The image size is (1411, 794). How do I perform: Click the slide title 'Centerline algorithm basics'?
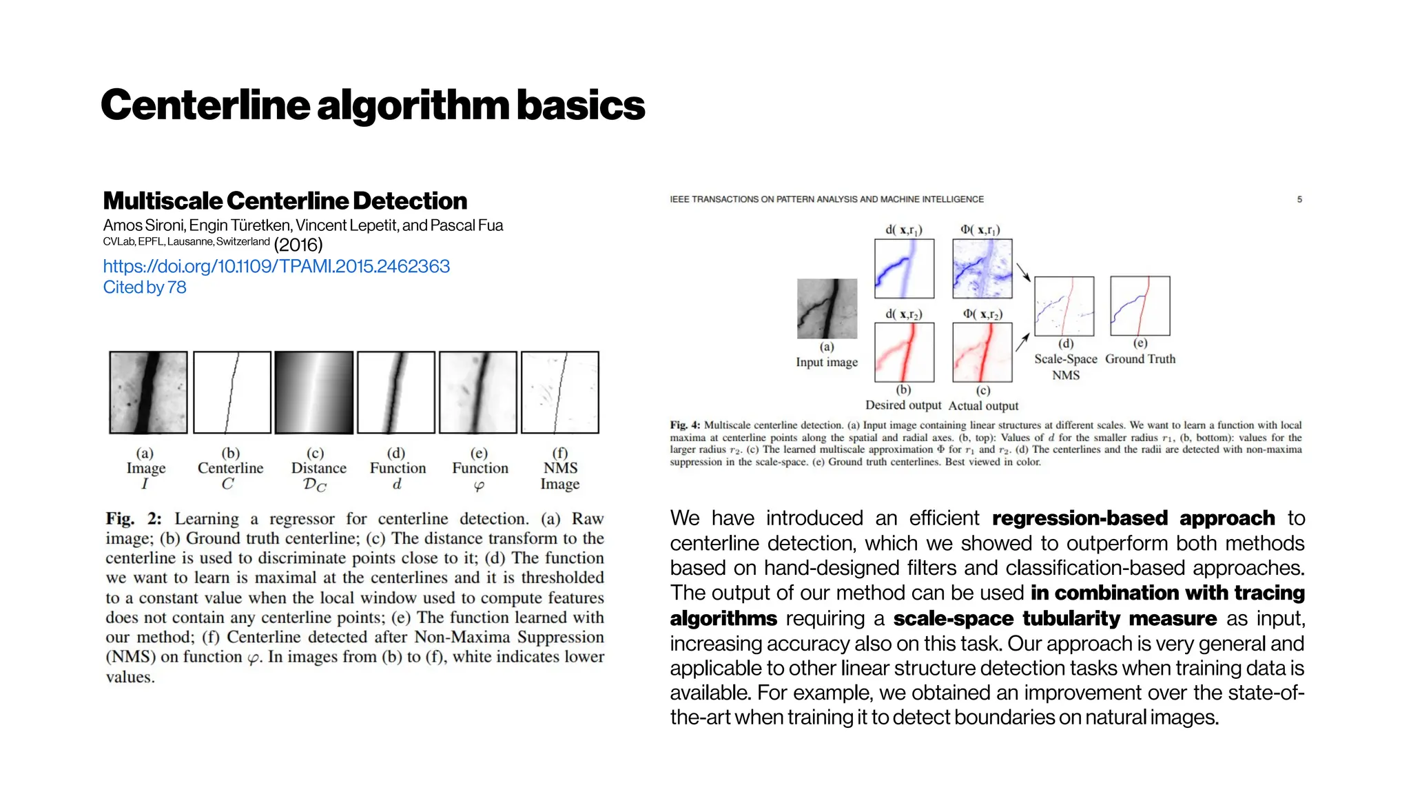click(x=373, y=105)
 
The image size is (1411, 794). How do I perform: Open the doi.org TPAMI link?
click(x=276, y=266)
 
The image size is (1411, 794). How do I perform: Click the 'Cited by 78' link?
click(x=145, y=287)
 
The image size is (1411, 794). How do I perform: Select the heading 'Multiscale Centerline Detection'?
click(x=285, y=201)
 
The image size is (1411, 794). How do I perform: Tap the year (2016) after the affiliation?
click(x=298, y=245)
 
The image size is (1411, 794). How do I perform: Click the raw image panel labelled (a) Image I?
click(x=148, y=392)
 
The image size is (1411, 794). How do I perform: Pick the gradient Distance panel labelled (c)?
click(x=314, y=392)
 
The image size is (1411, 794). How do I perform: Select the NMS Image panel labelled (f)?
click(x=560, y=392)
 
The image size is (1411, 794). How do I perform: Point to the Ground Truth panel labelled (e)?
click(x=1140, y=305)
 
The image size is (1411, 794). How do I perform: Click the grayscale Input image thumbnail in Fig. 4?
click(x=827, y=309)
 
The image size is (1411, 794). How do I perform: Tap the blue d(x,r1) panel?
click(x=904, y=268)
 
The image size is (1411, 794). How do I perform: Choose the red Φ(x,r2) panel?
click(x=982, y=352)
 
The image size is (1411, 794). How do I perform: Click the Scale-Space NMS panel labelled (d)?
click(x=1064, y=306)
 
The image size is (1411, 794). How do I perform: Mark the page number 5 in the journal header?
click(x=1299, y=199)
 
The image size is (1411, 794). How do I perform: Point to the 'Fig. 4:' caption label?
click(x=685, y=425)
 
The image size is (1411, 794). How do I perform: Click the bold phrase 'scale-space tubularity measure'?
click(x=1055, y=618)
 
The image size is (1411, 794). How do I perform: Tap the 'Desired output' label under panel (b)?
click(x=903, y=405)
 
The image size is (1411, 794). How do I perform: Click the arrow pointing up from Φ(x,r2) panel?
click(x=1022, y=341)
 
